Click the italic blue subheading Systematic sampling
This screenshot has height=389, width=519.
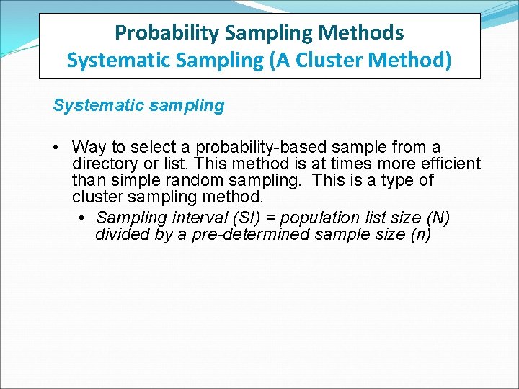(x=138, y=106)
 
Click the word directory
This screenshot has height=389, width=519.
(x=102, y=164)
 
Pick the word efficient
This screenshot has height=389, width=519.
(x=451, y=164)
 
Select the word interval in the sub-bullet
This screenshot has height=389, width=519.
(x=190, y=218)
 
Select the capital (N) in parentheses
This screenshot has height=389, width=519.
(x=438, y=218)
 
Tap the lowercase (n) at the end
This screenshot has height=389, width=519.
(x=420, y=235)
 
